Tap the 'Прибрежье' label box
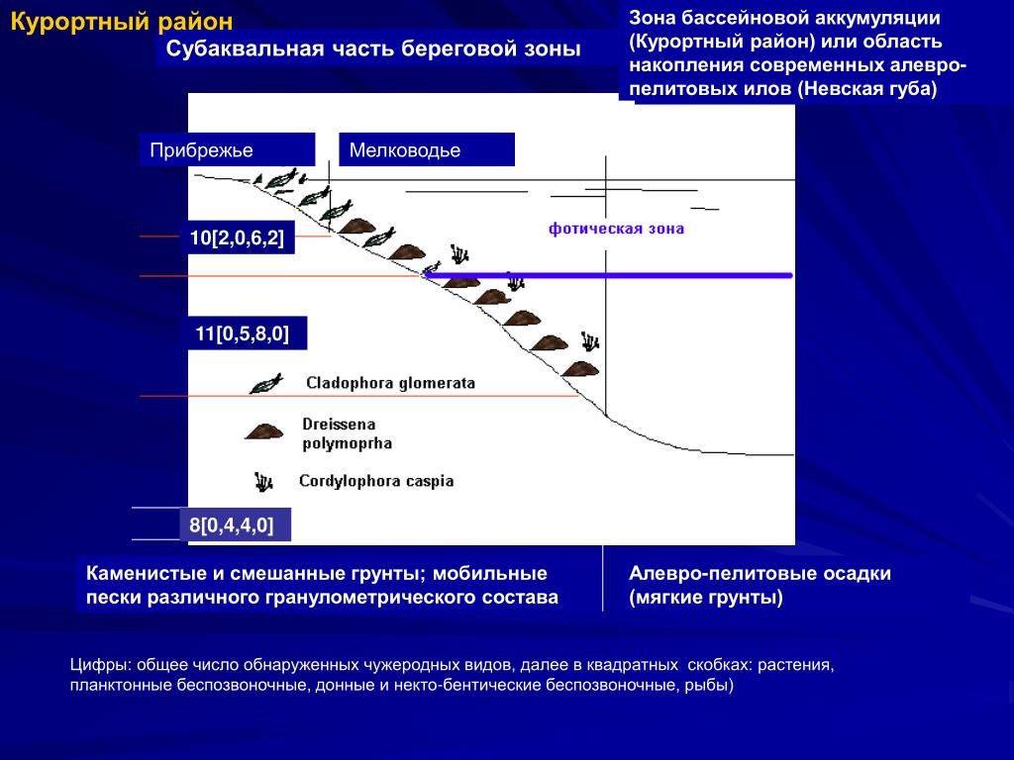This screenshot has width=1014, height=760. [x=202, y=150]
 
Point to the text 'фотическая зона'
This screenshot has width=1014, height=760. [x=617, y=229]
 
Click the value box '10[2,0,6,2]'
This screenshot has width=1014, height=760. [x=238, y=237]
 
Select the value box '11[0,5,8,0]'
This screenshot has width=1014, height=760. [x=243, y=333]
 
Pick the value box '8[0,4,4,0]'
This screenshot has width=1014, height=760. [x=233, y=524]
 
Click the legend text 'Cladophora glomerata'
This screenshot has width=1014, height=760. [x=390, y=383]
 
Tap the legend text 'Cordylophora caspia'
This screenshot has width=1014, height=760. [x=376, y=482]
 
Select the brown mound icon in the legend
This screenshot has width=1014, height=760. [x=263, y=431]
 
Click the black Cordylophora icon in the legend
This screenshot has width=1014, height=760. [x=263, y=482]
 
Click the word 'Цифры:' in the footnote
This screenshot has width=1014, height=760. [x=100, y=664]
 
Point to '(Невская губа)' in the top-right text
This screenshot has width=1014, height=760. [x=871, y=88]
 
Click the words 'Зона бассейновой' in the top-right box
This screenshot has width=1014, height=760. [x=704, y=20]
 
